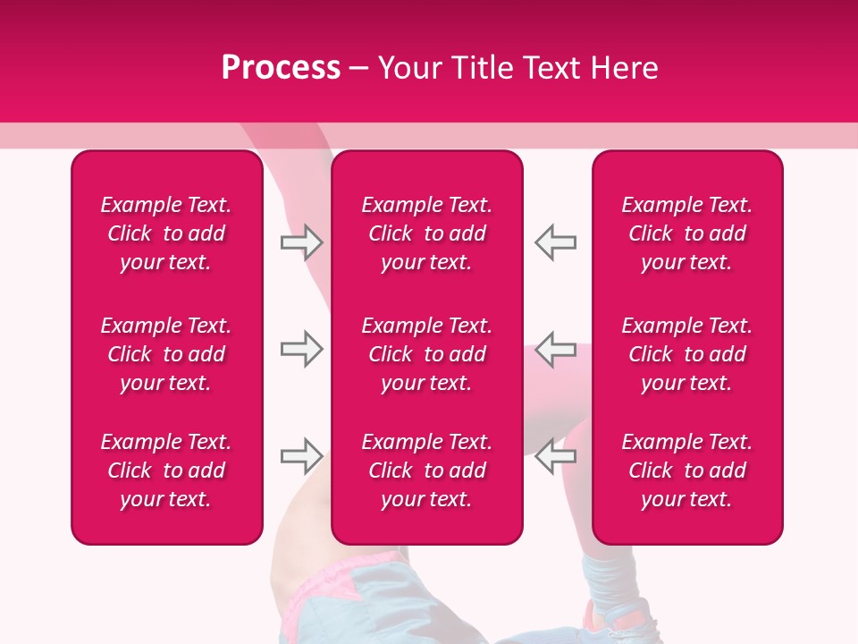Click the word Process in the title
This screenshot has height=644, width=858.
pyautogui.click(x=281, y=68)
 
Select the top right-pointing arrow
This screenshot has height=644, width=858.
pyautogui.click(x=302, y=242)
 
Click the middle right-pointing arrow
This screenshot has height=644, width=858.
pyautogui.click(x=302, y=349)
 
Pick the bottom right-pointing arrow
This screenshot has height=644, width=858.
pyautogui.click(x=302, y=456)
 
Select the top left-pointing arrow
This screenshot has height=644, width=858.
pyautogui.click(x=555, y=242)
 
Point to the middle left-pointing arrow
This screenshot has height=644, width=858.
pyautogui.click(x=555, y=349)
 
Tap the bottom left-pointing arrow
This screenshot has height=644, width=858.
pyautogui.click(x=555, y=456)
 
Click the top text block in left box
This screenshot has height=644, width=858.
pyautogui.click(x=166, y=233)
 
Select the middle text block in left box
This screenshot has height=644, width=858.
pyautogui.click(x=166, y=354)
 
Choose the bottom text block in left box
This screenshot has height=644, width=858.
pyautogui.click(x=166, y=470)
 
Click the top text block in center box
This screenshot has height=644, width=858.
pyautogui.click(x=426, y=233)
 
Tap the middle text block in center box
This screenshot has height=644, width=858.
pyautogui.click(x=426, y=354)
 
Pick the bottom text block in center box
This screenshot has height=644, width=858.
pyautogui.click(x=426, y=470)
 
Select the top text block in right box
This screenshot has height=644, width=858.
pyautogui.click(x=686, y=233)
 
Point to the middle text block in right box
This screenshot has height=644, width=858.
pyautogui.click(x=686, y=354)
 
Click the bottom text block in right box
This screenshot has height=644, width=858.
pyautogui.click(x=686, y=470)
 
